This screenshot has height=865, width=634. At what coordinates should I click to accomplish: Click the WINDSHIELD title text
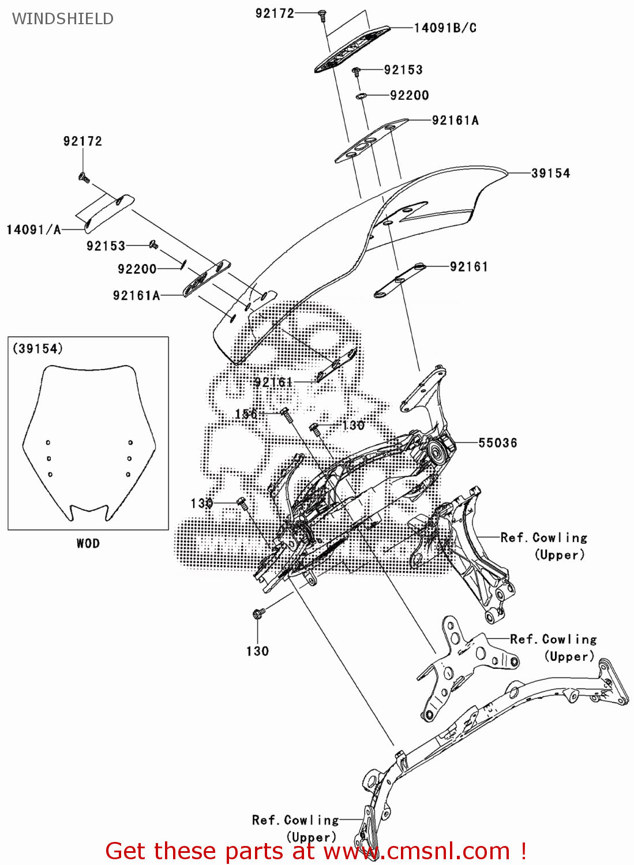(x=62, y=18)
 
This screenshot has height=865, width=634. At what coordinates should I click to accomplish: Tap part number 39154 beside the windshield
(x=550, y=173)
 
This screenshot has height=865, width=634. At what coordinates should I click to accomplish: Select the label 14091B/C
(x=445, y=28)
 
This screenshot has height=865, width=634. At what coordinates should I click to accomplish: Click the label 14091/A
(x=33, y=230)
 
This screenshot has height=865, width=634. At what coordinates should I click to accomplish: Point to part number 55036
(x=497, y=443)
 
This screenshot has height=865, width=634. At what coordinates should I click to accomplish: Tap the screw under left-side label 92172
(x=84, y=177)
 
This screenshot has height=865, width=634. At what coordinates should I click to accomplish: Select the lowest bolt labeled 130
(x=258, y=614)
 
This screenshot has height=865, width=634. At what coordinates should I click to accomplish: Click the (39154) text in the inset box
(x=37, y=348)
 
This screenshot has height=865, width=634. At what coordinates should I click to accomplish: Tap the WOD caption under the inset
(x=88, y=543)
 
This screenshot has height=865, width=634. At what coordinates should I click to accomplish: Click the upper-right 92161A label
(x=455, y=120)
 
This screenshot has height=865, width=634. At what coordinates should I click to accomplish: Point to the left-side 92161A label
(x=136, y=295)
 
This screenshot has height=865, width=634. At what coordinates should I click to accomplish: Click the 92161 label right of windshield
(x=468, y=266)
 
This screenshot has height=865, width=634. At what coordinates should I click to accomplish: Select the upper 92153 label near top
(x=403, y=70)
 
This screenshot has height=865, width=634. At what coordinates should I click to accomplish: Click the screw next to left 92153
(x=154, y=245)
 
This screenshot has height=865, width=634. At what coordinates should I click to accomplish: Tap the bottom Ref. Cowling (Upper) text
(x=295, y=828)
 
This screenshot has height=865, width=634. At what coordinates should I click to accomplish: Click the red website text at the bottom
(x=316, y=851)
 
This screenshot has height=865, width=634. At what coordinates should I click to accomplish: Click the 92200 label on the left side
(x=137, y=269)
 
